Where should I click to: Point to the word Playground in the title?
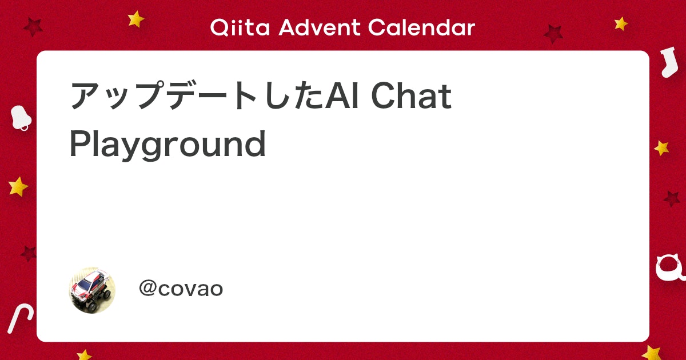[x=167, y=145]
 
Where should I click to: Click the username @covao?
[x=181, y=289]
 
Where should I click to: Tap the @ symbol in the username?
[x=147, y=289]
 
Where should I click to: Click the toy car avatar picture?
[x=92, y=289]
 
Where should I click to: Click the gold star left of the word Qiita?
[x=136, y=19]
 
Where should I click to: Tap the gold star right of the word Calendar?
[x=621, y=23]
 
